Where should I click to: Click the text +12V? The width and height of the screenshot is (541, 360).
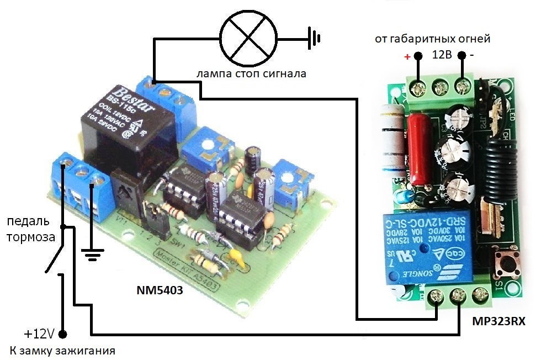click(38, 334)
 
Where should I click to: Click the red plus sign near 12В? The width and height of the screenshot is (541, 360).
click(407, 56)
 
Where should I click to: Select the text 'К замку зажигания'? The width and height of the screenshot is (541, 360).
click(62, 351)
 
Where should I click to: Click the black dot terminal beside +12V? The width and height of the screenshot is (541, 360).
click(62, 334)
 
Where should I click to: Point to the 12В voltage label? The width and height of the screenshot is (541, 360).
click(442, 55)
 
